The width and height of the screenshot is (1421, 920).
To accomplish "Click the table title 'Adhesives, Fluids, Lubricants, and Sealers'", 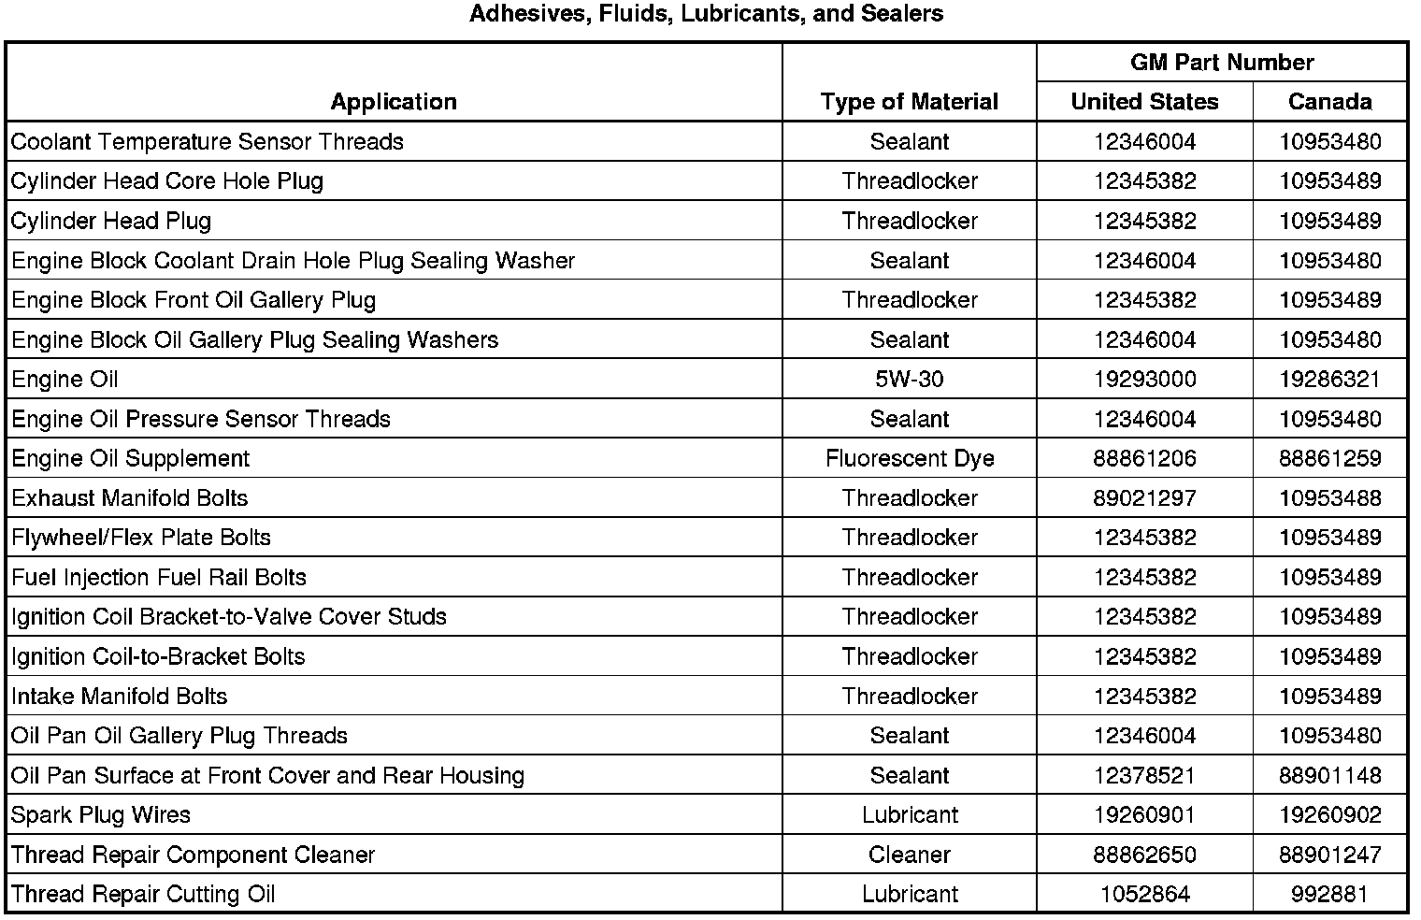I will click(x=706, y=14).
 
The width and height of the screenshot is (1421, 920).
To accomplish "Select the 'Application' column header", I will click(x=394, y=102).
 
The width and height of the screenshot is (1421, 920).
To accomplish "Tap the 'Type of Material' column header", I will click(x=909, y=102).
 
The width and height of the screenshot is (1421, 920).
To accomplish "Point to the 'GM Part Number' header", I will click(x=1222, y=63).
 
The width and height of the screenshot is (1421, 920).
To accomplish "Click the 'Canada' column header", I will click(x=1329, y=102).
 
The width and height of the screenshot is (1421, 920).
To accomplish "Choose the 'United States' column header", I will click(x=1144, y=102).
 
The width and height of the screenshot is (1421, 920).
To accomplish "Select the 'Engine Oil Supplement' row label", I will click(x=131, y=459).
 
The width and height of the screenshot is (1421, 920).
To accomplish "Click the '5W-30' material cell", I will click(x=909, y=380).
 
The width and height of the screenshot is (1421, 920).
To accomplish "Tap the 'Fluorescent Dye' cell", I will click(x=909, y=459).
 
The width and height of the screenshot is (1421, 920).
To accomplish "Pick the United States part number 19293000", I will click(x=1144, y=380).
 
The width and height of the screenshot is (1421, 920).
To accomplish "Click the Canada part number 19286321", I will click(x=1329, y=380).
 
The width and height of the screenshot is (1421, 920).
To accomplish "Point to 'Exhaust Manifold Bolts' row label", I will click(x=130, y=498).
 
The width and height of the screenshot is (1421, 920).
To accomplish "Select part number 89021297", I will click(x=1144, y=498).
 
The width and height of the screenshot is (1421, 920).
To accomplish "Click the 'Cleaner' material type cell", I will click(x=909, y=855).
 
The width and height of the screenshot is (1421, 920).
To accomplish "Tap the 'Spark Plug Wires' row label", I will click(x=101, y=815).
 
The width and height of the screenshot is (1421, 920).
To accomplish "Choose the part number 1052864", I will click(x=1144, y=895).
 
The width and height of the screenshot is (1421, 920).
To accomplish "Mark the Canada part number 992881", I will click(x=1329, y=895).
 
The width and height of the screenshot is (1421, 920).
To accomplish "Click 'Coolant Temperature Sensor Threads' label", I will click(x=208, y=142).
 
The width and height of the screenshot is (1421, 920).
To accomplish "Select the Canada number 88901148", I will click(x=1329, y=776).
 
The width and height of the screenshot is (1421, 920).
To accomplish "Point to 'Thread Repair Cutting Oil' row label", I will click(x=144, y=895).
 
